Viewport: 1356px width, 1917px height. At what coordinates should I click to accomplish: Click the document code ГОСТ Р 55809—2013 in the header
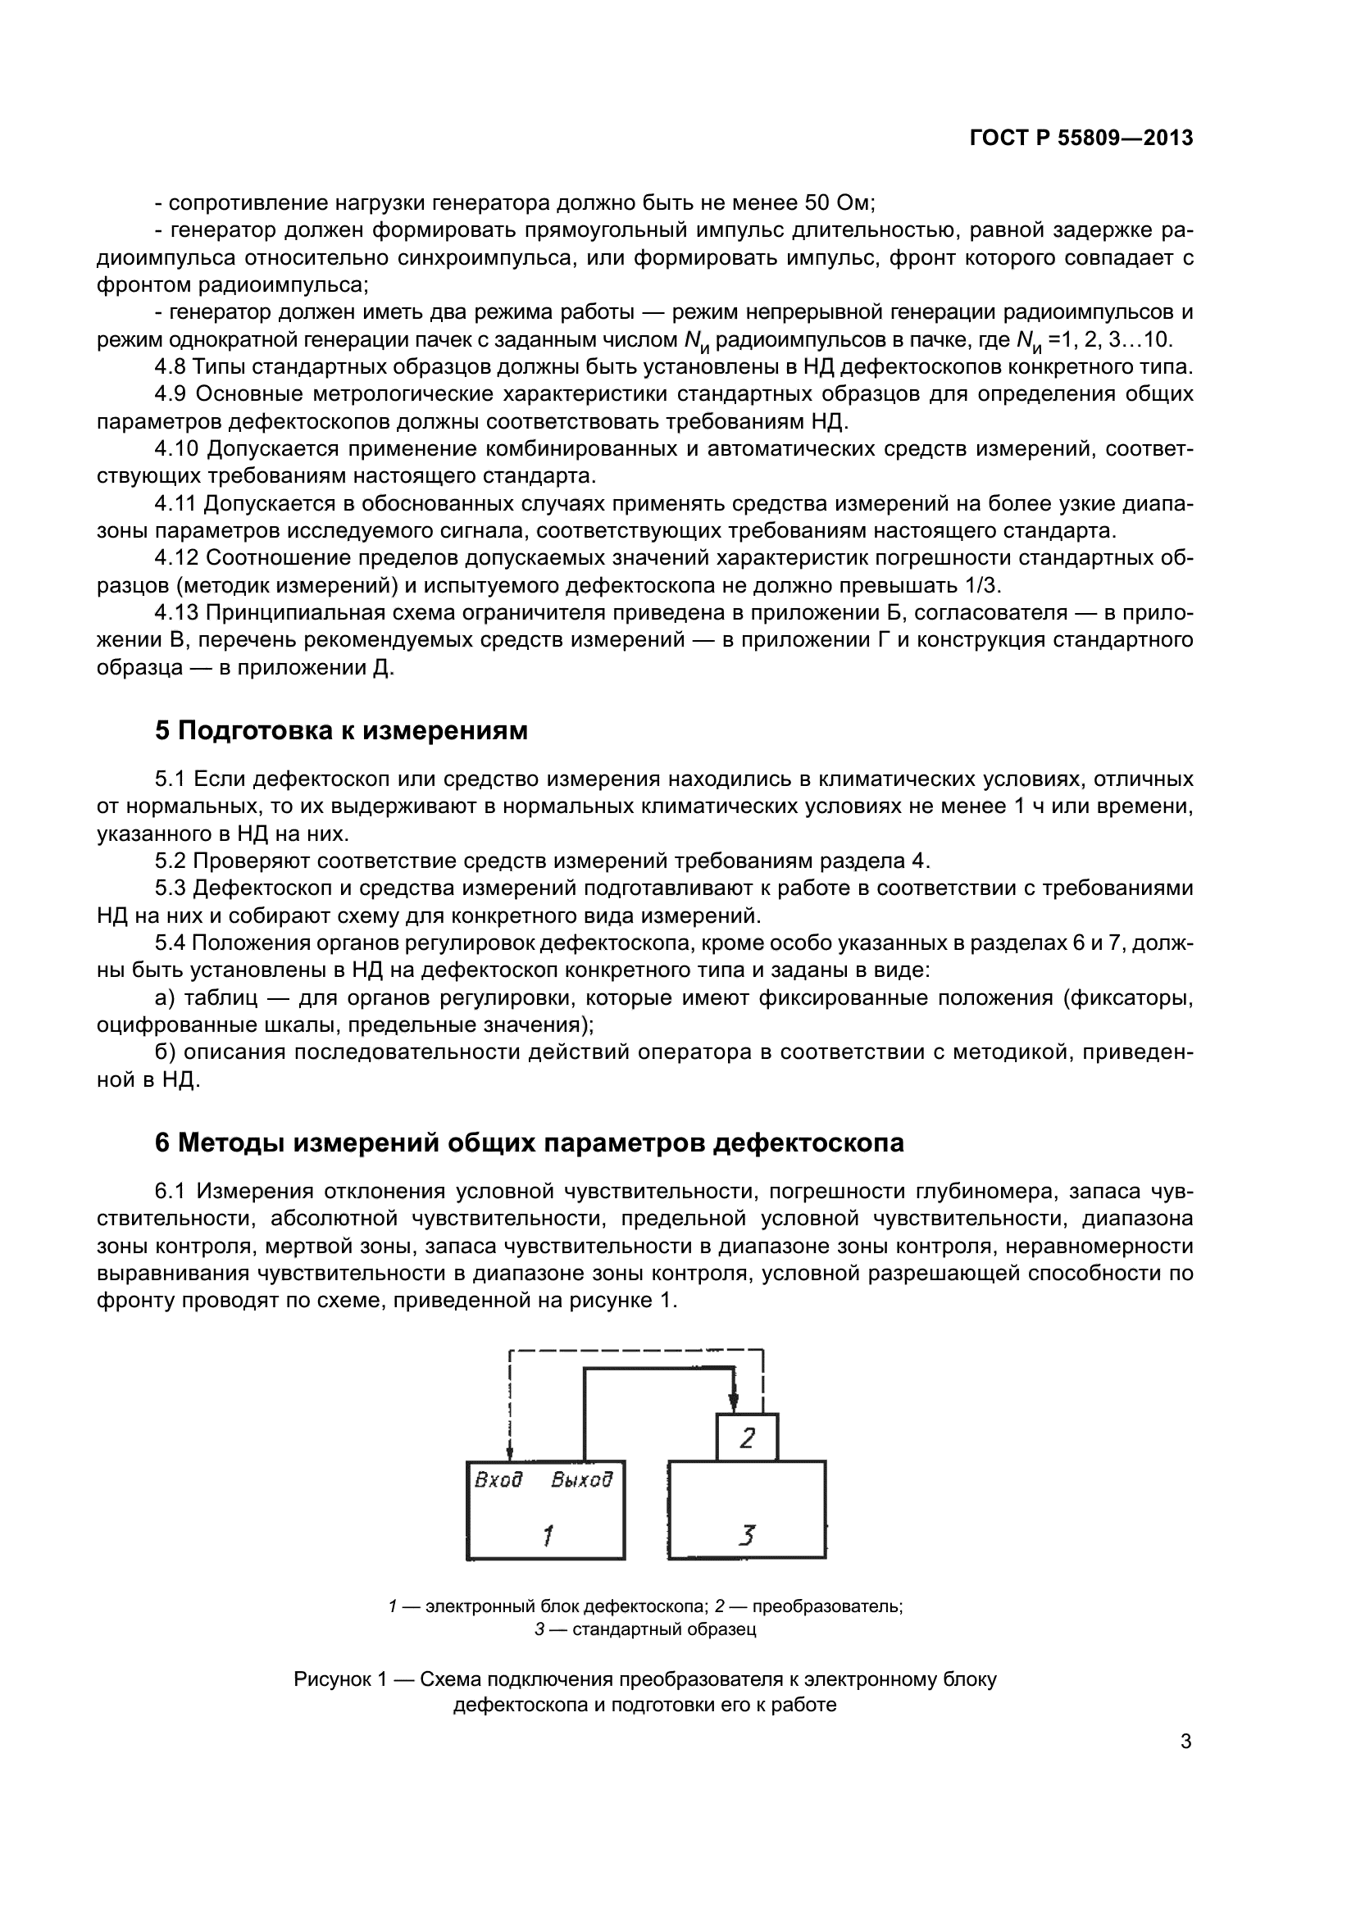pyautogui.click(x=1081, y=139)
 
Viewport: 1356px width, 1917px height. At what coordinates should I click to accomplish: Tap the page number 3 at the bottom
pyautogui.click(x=1185, y=1742)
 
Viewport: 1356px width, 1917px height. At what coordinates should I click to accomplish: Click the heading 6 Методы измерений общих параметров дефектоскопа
pyautogui.click(x=530, y=1142)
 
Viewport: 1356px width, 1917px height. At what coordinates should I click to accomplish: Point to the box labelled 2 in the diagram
pyautogui.click(x=748, y=1437)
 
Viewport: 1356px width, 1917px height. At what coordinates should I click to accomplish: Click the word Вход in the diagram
pyautogui.click(x=498, y=1480)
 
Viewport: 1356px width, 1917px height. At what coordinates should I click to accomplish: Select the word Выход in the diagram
pyautogui.click(x=582, y=1480)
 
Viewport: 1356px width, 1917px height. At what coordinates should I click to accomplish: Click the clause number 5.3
pyautogui.click(x=172, y=888)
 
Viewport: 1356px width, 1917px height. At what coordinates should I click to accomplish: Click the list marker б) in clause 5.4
pyautogui.click(x=166, y=1052)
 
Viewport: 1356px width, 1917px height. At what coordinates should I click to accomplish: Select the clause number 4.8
pyautogui.click(x=171, y=366)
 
